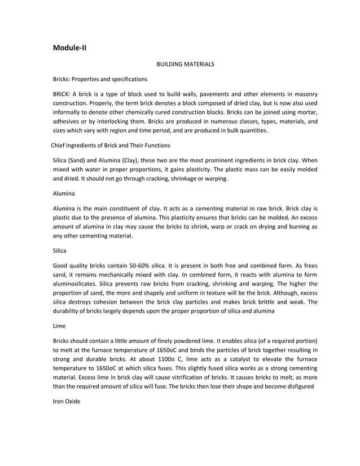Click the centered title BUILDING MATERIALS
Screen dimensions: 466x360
click(185, 65)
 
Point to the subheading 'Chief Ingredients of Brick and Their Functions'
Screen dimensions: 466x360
click(107, 146)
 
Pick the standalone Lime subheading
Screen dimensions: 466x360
click(59, 326)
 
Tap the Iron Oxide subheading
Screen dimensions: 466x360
click(67, 401)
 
